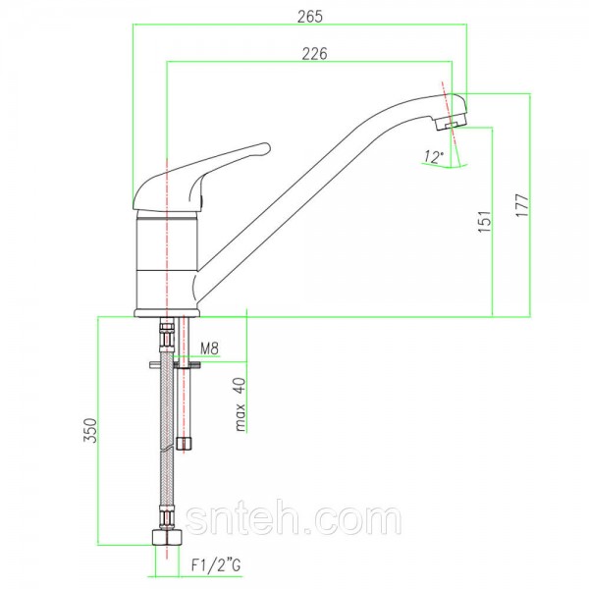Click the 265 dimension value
(x=310, y=17)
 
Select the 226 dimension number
(x=315, y=54)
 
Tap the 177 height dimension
(x=522, y=205)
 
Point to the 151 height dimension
(x=485, y=222)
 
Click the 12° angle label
(x=434, y=156)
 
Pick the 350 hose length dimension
(x=90, y=431)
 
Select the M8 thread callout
(x=209, y=348)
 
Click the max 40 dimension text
(x=241, y=404)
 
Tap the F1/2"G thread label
(x=216, y=565)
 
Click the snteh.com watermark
(x=294, y=520)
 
